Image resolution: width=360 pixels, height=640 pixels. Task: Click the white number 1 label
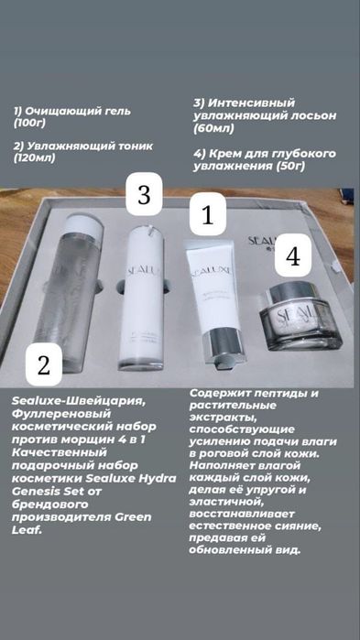[x=207, y=216]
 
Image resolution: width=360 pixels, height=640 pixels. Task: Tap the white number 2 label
[x=42, y=366]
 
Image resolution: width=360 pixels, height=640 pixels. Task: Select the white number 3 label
[x=143, y=196]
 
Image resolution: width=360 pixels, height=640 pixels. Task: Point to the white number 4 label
[x=292, y=256]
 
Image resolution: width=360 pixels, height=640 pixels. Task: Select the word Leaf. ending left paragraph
[x=27, y=529]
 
